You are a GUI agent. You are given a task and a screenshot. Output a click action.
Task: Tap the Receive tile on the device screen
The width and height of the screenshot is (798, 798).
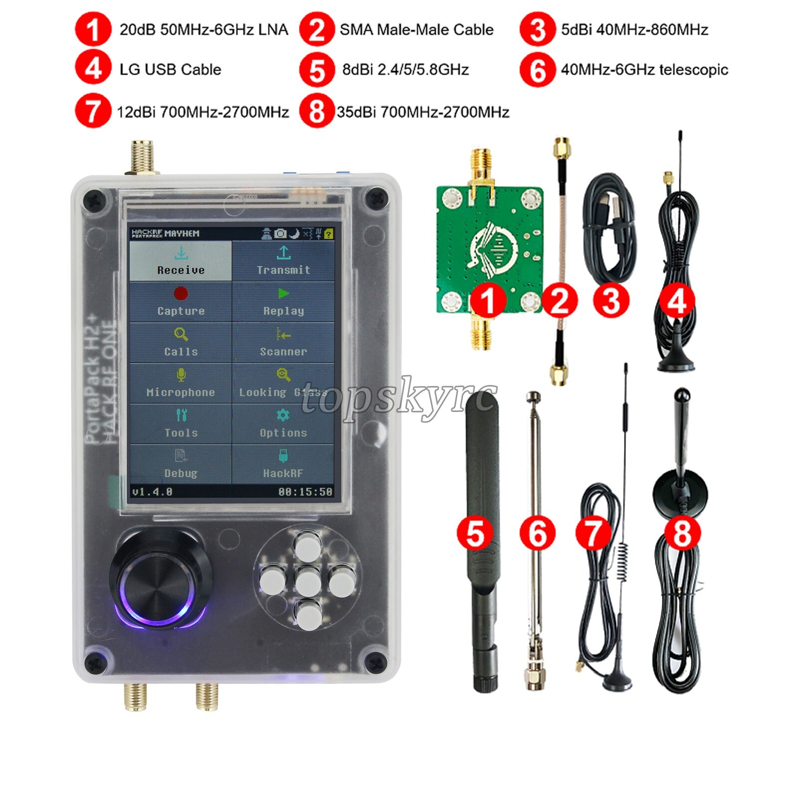tap(181, 261)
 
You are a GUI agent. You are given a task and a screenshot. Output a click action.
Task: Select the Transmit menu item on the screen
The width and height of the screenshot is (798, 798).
tap(283, 261)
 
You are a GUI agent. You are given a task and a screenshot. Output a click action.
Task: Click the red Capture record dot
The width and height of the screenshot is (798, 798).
tap(181, 293)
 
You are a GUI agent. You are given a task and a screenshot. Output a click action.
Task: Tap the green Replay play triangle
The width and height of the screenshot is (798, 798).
tap(283, 293)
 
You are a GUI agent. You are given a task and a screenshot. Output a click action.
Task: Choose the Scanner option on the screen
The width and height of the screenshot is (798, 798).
tap(283, 343)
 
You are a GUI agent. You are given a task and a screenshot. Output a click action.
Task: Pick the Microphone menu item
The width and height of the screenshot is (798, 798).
tap(181, 383)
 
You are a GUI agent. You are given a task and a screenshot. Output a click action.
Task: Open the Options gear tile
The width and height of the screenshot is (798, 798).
tap(283, 424)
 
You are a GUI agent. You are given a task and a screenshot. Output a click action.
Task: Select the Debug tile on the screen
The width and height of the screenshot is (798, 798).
tap(181, 464)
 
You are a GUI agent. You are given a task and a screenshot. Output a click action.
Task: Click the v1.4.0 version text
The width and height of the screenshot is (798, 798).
tap(152, 492)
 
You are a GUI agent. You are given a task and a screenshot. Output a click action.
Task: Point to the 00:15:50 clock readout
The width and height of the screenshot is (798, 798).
tap(305, 492)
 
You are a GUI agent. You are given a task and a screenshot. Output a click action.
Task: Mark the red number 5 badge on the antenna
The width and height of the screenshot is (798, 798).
tap(475, 533)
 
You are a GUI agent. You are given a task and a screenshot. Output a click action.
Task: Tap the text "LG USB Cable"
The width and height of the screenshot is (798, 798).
tap(170, 69)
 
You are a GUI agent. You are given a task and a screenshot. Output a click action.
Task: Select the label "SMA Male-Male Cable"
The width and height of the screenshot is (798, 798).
tap(416, 29)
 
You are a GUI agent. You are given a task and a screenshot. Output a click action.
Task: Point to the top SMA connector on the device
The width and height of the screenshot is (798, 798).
tap(143, 157)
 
